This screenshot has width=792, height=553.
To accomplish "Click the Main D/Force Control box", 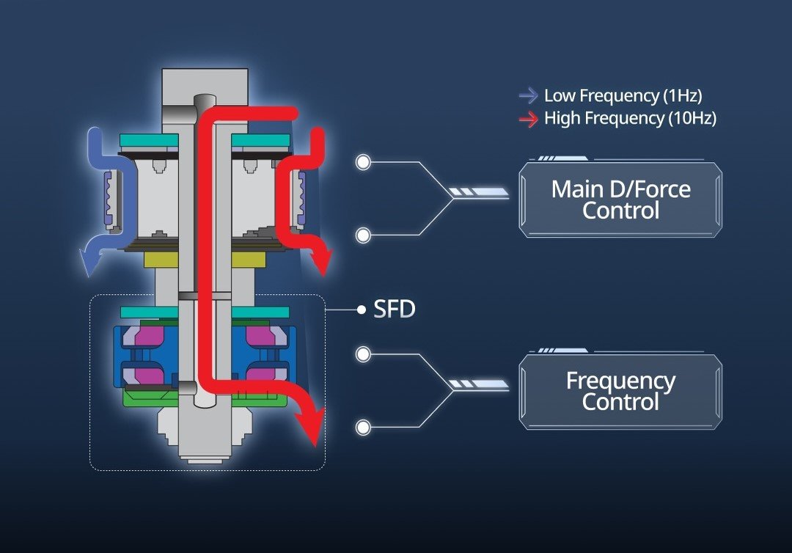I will [620, 200].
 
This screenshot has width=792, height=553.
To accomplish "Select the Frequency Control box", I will [620, 392].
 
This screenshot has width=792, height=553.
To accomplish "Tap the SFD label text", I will [395, 310].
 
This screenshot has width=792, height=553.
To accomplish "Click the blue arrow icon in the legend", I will [528, 95].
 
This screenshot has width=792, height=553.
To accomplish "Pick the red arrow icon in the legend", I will [528, 119].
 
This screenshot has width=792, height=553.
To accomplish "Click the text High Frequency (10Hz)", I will [630, 119].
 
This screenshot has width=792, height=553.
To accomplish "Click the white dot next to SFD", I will [361, 310].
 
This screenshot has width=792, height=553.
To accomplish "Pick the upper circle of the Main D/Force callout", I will [363, 162].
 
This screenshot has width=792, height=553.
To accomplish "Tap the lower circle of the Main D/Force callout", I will [363, 235].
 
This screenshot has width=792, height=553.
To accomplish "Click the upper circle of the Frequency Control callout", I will [363, 354].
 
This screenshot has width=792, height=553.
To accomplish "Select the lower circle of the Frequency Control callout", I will [363, 427].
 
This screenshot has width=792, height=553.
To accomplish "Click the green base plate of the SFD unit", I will [147, 399].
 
